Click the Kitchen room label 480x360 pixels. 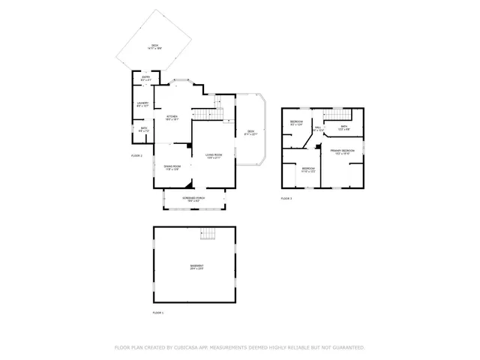click(x=172, y=117)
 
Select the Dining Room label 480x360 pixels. click(x=172, y=168)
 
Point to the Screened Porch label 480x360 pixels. click(x=193, y=199)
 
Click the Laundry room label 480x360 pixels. click(x=142, y=105)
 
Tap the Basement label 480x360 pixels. click(x=196, y=268)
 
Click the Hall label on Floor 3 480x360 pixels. click(x=318, y=128)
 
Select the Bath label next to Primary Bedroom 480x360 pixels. click(x=344, y=127)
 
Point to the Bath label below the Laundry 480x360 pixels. click(x=143, y=130)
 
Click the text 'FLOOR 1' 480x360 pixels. click(x=157, y=312)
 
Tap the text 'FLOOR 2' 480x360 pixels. click(x=136, y=155)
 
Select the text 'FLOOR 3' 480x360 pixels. click(x=286, y=198)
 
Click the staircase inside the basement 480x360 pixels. click(x=208, y=235)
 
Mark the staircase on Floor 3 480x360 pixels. click(x=336, y=114)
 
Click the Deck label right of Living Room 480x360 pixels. click(x=251, y=133)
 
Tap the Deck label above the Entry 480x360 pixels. click(x=154, y=46)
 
